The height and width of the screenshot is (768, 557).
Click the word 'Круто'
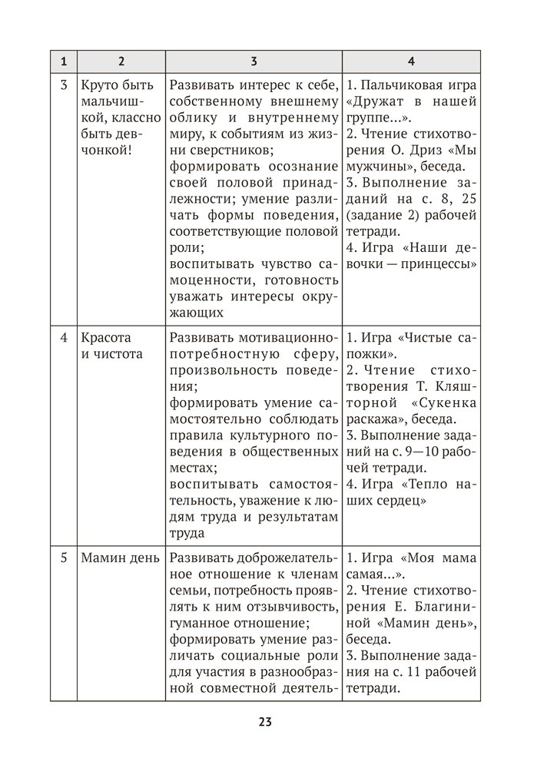tap(98, 84)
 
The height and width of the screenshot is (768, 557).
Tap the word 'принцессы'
tap(443, 263)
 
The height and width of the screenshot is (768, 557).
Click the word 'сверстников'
tap(207, 151)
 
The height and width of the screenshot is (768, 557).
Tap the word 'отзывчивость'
tap(297, 607)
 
